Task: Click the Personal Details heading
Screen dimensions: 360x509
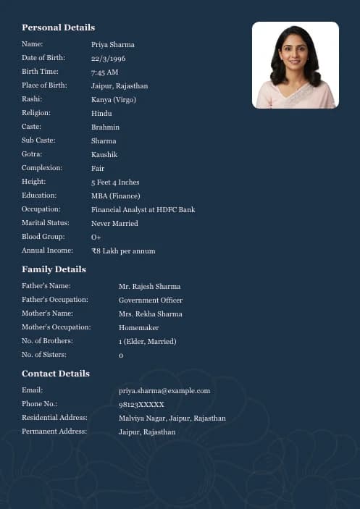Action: coord(58,28)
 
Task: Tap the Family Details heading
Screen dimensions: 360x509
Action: coord(54,269)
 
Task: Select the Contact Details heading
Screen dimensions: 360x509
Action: coord(56,374)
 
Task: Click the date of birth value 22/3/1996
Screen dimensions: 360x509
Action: coord(108,59)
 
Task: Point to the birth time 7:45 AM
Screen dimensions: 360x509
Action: coord(104,72)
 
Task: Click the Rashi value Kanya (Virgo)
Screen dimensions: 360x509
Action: coord(113,100)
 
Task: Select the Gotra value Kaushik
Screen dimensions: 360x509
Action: coord(104,155)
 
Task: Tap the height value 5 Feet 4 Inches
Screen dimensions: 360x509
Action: coord(115,182)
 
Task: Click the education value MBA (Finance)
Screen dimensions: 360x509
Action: coord(115,196)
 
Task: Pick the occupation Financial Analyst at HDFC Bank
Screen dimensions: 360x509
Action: coord(143,210)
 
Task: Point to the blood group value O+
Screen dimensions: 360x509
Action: coord(96,237)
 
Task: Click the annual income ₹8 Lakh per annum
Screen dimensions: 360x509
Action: coord(123,251)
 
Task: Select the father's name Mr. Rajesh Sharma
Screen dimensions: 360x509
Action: coord(149,287)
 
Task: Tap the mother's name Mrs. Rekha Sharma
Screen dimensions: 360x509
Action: coord(150,314)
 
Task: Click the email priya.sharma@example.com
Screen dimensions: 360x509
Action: coord(164,391)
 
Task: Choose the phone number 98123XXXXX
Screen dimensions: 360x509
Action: coord(141,405)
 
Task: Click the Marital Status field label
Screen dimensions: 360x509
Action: coord(45,223)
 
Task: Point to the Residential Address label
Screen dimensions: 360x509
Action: coord(54,418)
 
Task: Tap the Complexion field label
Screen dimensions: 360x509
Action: coord(42,168)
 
